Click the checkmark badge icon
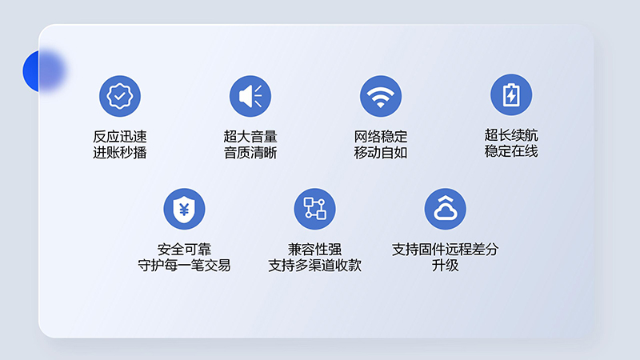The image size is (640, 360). pyautogui.click(x=120, y=96)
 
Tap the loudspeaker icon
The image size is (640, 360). pyautogui.click(x=250, y=96)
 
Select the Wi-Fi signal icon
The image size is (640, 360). pyautogui.click(x=381, y=96)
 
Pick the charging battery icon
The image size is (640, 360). pyautogui.click(x=511, y=95)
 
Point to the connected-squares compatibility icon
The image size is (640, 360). pyautogui.click(x=315, y=209)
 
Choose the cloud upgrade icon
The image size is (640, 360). pyautogui.click(x=446, y=209)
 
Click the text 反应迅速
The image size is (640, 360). pyautogui.click(x=120, y=137)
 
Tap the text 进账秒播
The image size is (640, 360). pyautogui.click(x=120, y=152)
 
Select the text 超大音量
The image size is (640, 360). pyautogui.click(x=250, y=137)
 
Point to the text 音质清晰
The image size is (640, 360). pyautogui.click(x=250, y=152)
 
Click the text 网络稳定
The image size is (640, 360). pyautogui.click(x=381, y=137)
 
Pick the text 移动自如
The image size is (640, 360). pyautogui.click(x=381, y=152)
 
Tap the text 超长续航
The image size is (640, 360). pyautogui.click(x=511, y=135)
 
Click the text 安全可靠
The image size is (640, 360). pyautogui.click(x=185, y=250)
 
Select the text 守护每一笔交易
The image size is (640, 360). pyautogui.click(x=185, y=265)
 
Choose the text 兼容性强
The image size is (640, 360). pyautogui.click(x=315, y=250)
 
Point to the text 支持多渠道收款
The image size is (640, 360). pyautogui.click(x=315, y=265)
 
